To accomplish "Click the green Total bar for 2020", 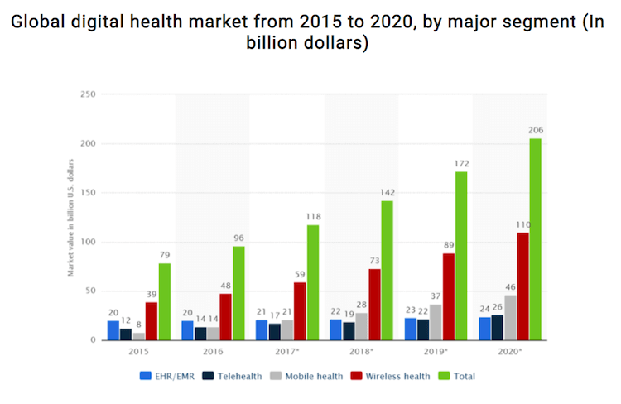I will pyautogui.click(x=536, y=239).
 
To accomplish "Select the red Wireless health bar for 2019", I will pyautogui.click(x=449, y=296).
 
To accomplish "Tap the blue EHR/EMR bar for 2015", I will pyautogui.click(x=113, y=330).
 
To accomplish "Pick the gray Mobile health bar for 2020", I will pyautogui.click(x=510, y=317).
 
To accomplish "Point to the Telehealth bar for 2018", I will pyautogui.click(x=348, y=331).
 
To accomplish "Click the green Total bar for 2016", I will pyautogui.click(x=238, y=293).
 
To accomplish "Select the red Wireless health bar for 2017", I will pyautogui.click(x=301, y=311).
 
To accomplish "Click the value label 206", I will pyautogui.click(x=536, y=129).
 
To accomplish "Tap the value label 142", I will pyautogui.click(x=388, y=192).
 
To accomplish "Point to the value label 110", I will pyautogui.click(x=523, y=224).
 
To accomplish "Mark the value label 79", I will pyautogui.click(x=164, y=254).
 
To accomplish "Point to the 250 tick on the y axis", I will pyautogui.click(x=89, y=95).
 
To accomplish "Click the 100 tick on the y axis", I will pyautogui.click(x=89, y=243).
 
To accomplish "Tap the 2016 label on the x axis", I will pyautogui.click(x=213, y=352).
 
